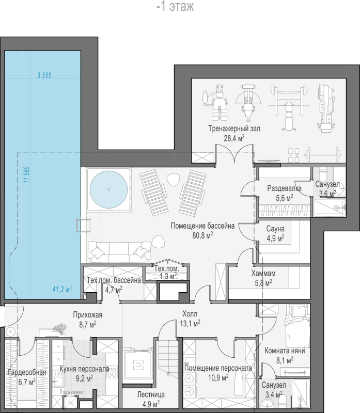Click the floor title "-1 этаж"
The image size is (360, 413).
pyautogui.click(x=175, y=6)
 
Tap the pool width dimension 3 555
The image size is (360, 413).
pyautogui.click(x=44, y=75)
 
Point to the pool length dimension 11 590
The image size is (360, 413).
pyautogui.click(x=26, y=174)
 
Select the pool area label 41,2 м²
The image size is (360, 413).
pyautogui.click(x=62, y=289)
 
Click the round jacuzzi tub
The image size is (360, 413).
pyautogui.click(x=108, y=189)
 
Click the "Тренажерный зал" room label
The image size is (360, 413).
pyautogui.click(x=234, y=129)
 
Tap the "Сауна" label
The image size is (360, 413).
pyautogui.click(x=275, y=229)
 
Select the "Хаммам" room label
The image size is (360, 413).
pyautogui.click(x=263, y=274)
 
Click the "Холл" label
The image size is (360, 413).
pyautogui.click(x=190, y=314)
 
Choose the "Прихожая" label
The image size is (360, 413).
pyautogui.click(x=87, y=315)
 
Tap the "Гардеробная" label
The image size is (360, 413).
pyautogui.click(x=27, y=372)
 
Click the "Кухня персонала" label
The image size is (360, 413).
pyautogui.click(x=84, y=369)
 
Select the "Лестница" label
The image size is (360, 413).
pyautogui.click(x=151, y=394)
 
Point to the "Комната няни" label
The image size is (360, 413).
pyautogui.click(x=285, y=351)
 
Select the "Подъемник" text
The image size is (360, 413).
pyautogui.click(x=71, y=392)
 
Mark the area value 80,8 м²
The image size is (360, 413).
pyautogui.click(x=202, y=235)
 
